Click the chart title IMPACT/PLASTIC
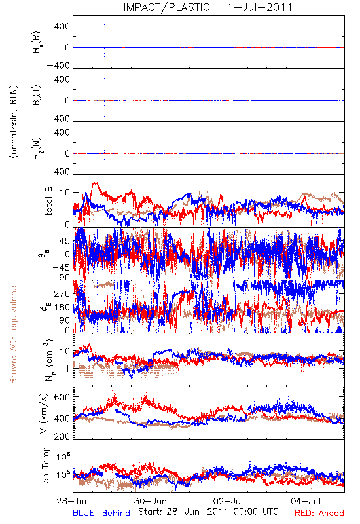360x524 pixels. pos(167,7)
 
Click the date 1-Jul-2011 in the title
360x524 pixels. pos(260,7)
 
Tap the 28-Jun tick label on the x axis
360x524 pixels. pos(73,501)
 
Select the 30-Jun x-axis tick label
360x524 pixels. pos(151,501)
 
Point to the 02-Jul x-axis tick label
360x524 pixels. pos(228,501)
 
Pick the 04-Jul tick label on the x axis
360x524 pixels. pos(306,501)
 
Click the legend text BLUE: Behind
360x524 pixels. pos(101,514)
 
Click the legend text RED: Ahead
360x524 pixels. pos(319,514)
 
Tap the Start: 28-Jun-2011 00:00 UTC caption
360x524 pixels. pos(208,512)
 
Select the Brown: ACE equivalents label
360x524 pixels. pos(13,333)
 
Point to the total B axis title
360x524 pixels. pos(48,201)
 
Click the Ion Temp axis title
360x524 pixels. pos(46,466)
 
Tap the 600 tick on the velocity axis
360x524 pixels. pos(62,397)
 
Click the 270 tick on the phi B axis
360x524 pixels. pos(62,293)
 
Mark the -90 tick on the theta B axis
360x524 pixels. pos(62,278)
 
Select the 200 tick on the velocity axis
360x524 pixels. pos(62,436)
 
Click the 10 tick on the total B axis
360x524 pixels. pos(65,193)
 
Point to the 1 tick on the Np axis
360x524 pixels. pos(68,369)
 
